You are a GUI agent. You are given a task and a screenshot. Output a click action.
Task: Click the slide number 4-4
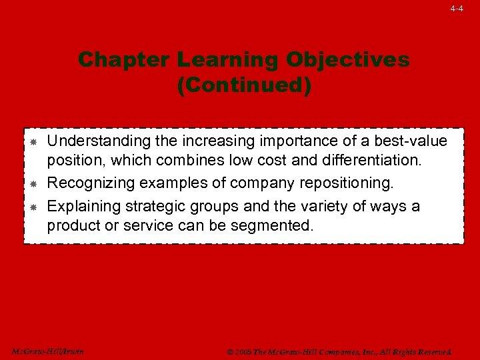(456, 9)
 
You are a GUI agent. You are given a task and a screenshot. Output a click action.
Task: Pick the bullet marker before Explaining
(33, 207)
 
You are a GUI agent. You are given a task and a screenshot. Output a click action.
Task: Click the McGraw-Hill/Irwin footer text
(47, 351)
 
